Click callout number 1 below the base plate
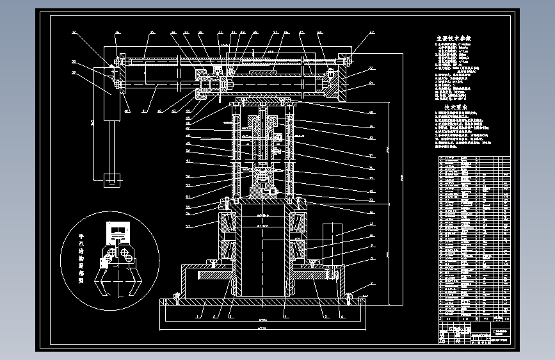[199, 316]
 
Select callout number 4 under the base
[284, 316]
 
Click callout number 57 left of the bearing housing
[188, 226]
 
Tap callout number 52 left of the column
[188, 176]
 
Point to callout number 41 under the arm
[143, 111]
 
